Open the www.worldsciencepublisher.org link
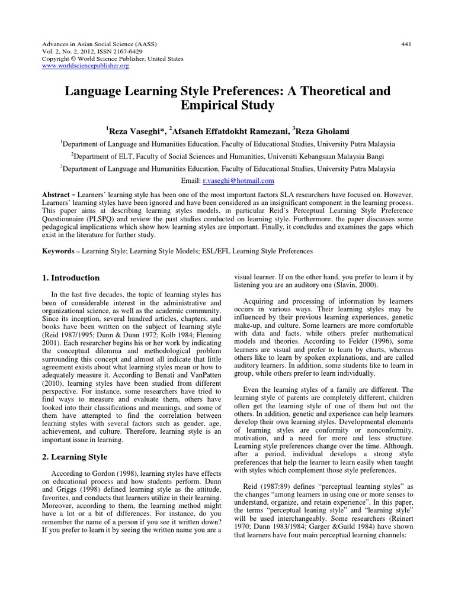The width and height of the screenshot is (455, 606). pyautogui.click(x=85, y=66)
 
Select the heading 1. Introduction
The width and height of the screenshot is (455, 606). pyautogui.click(x=71, y=278)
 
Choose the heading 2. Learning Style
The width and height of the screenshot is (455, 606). pyautogui.click(x=75, y=456)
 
